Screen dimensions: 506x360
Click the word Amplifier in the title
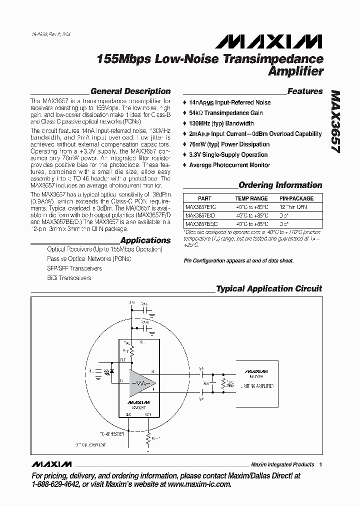coord(296,71)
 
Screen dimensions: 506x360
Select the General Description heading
coord(130,91)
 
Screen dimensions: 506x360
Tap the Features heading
coord(305,91)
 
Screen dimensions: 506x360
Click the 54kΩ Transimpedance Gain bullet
coord(225,113)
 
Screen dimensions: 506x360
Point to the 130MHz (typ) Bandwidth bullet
coord(221,123)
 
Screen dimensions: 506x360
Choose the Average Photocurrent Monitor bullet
coord(229,165)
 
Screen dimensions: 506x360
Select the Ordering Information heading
coord(280,185)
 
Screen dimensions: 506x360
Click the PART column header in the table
coord(204,198)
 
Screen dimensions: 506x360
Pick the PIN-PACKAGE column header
coord(296,198)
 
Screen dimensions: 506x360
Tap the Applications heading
coord(145,240)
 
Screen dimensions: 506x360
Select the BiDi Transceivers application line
coord(69,278)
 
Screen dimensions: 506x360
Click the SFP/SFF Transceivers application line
coord(74,268)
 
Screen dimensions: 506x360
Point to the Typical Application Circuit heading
coord(268,289)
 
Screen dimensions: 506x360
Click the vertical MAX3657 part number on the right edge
coord(334,122)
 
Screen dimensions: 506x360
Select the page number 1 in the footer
coord(320,464)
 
